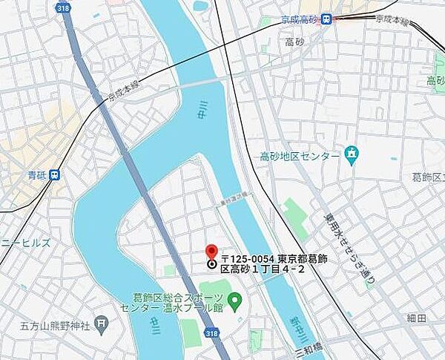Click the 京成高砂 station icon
click(x=326, y=20)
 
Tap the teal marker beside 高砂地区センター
click(x=352, y=155)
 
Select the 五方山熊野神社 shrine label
click(x=55, y=324)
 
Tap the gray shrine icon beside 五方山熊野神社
click(x=103, y=324)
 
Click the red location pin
click(x=211, y=252)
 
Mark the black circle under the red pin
click(x=211, y=264)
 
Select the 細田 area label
click(x=417, y=318)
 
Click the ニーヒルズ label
click(x=25, y=242)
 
